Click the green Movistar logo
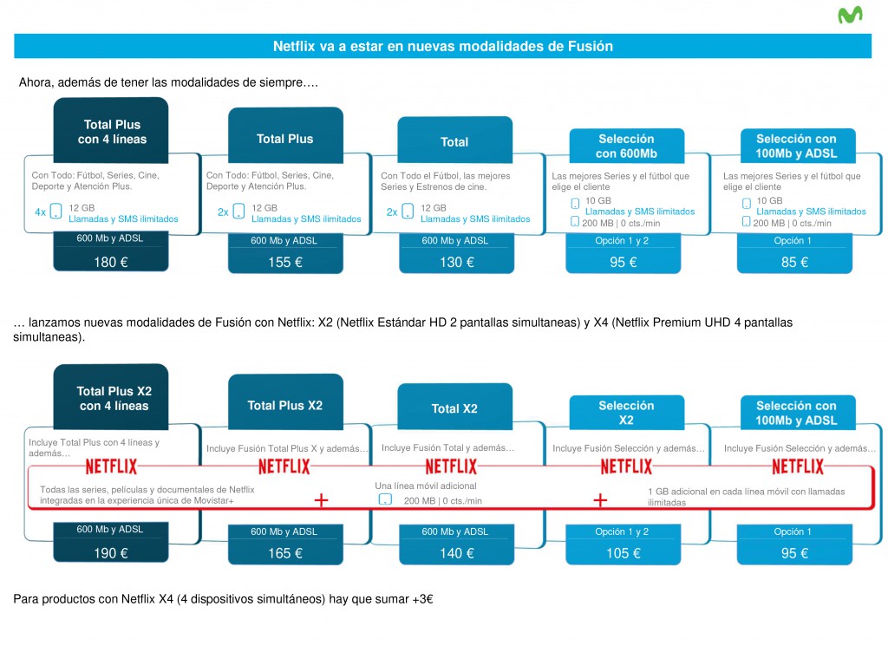coord(850,16)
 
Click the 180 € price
coord(111,262)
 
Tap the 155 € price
coord(285,262)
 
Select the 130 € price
coord(456,262)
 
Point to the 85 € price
coord(794,262)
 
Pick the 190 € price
coord(111,553)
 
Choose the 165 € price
coord(285,553)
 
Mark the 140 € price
coord(456,553)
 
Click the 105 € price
coord(623,553)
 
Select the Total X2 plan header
coord(454,407)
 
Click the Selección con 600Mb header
coord(626,147)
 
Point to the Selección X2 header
coord(626,413)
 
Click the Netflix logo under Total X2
coord(451,466)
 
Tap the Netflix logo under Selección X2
coord(626,466)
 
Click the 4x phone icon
coord(55,212)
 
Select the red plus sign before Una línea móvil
coord(321,500)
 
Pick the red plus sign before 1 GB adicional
coord(600,500)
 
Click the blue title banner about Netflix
coord(443,46)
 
